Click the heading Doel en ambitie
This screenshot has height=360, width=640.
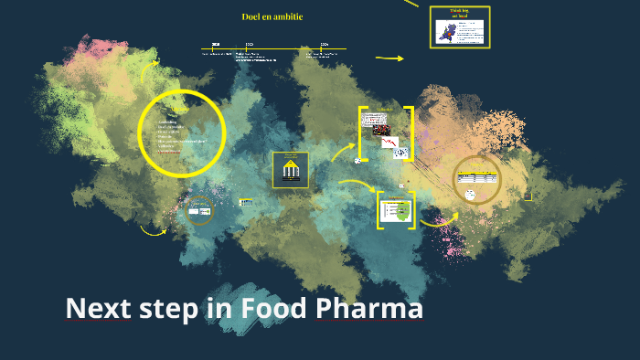click(272, 16)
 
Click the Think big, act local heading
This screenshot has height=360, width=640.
click(459, 15)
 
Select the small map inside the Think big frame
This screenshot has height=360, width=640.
click(445, 34)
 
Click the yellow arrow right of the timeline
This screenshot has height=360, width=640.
click(389, 58)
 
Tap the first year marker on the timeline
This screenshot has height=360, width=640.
click(216, 44)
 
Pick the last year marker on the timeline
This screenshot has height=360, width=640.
click(325, 44)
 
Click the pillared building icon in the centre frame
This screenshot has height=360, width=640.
click(290, 172)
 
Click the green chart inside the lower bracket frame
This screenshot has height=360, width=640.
click(395, 211)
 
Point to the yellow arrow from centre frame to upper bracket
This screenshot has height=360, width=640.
click(343, 150)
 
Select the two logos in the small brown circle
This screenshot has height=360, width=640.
click(199, 212)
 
